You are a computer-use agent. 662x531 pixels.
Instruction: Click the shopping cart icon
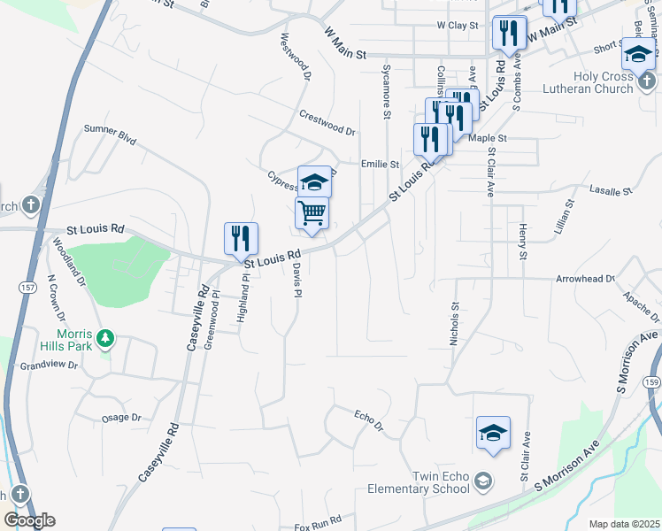(312, 212)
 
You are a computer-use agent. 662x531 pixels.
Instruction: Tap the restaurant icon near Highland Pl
(241, 237)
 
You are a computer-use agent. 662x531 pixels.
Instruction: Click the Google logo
(28, 520)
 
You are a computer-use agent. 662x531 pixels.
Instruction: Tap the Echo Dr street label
(367, 419)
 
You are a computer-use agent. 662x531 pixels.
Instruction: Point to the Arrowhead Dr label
(584, 279)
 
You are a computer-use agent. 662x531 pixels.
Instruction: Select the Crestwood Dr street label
(327, 123)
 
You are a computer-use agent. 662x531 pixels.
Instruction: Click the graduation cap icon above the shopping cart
(314, 181)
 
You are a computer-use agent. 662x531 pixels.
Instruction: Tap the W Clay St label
(457, 27)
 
